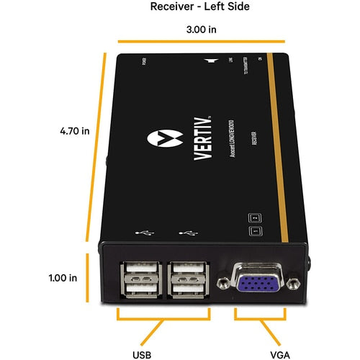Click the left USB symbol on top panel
click(143, 234)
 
